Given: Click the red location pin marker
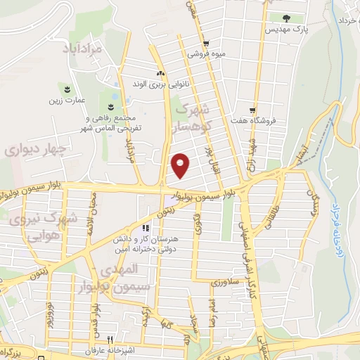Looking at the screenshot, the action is [181, 165].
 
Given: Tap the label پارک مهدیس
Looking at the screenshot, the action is [281, 31].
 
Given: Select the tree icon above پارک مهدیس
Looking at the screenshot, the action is [285, 19].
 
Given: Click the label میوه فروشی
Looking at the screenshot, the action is [206, 53].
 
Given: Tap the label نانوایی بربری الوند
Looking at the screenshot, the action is [161, 84].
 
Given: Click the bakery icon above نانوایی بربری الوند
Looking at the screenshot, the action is [161, 73].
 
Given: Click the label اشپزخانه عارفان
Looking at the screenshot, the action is [103, 350].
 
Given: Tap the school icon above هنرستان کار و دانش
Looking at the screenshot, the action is [146, 229].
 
